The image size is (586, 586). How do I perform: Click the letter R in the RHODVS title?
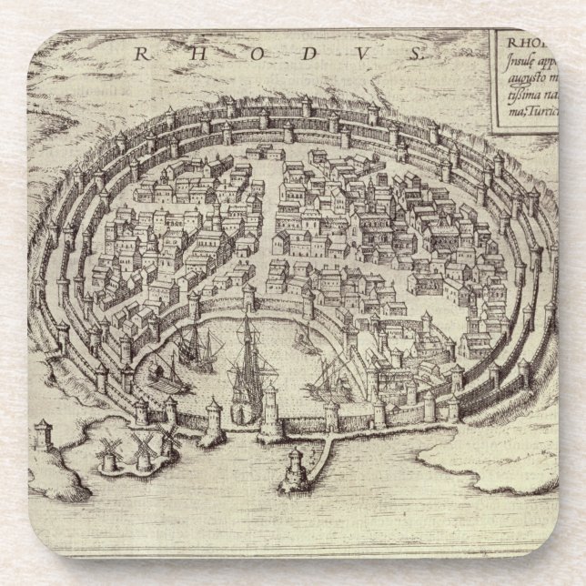pos(141,53)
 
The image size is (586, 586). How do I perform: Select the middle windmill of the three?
pos(142,448)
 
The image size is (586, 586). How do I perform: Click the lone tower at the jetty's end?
pos(296,467)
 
